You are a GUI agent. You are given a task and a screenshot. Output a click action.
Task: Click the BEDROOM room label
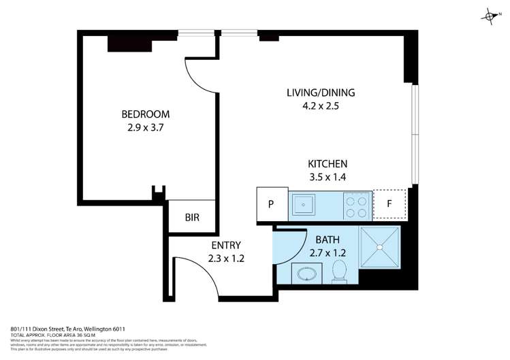point(145,114)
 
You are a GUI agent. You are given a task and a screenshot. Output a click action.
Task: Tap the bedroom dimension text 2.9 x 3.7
point(145,127)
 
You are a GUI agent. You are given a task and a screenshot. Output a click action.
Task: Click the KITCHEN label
point(328,164)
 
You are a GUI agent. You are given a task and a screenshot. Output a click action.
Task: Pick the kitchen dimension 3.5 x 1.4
point(328,177)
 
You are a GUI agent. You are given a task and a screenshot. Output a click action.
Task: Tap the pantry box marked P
point(271,204)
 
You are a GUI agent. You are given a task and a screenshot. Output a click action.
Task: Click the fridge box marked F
point(389,203)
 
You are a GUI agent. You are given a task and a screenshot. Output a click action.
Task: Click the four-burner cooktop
point(356,204)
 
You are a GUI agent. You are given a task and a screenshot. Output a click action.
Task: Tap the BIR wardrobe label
point(193,218)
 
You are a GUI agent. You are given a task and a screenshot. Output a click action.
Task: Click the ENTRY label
point(225,245)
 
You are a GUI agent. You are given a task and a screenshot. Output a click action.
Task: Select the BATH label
point(329,240)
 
